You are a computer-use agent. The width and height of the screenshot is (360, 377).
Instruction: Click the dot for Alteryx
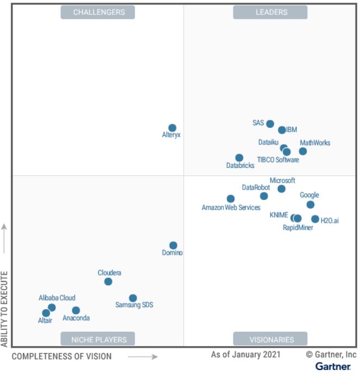[x=172, y=128]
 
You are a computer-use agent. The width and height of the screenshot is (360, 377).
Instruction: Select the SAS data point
[x=270, y=124]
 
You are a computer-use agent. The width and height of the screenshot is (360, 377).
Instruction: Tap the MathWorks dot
[x=303, y=151]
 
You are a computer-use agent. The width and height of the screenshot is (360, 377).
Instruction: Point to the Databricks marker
[x=239, y=158]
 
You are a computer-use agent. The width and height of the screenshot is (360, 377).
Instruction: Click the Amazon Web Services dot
[x=231, y=199]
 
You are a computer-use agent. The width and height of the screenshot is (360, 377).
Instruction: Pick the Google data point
[x=311, y=205]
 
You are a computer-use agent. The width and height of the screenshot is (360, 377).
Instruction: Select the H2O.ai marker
[x=315, y=219]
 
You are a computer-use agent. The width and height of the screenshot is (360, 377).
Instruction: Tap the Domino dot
[x=173, y=246]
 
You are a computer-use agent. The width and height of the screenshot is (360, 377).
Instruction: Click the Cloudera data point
[x=108, y=281]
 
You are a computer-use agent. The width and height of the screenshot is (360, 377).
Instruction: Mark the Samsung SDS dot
[x=133, y=298]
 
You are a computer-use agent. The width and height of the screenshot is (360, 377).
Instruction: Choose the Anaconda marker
[x=76, y=311]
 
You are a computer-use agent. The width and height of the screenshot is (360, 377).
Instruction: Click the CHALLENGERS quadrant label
[x=98, y=12]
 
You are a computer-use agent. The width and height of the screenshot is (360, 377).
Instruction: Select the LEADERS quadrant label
[x=271, y=12]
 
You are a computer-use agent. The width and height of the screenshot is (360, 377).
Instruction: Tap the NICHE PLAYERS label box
[x=98, y=340]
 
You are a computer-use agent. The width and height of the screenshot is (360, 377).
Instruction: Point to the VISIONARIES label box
[x=271, y=340]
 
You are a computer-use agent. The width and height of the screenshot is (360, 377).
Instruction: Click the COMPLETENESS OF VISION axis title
[x=61, y=356]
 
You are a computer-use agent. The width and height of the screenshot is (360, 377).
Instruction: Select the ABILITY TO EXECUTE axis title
[x=5, y=307]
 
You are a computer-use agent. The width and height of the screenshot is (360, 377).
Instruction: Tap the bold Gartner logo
[x=333, y=367]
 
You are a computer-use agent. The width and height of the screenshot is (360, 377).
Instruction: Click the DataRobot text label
[x=256, y=187]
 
